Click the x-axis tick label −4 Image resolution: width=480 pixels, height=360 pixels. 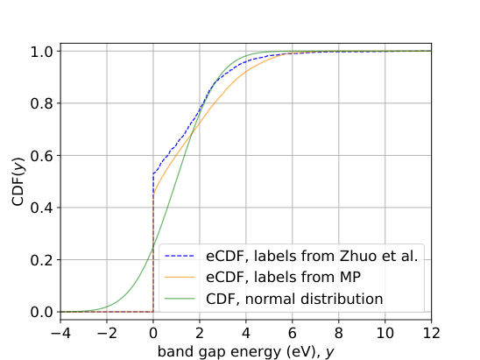click(x=60, y=334)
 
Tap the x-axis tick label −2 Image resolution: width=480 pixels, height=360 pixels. click(x=106, y=334)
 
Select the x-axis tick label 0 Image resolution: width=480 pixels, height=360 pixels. click(x=153, y=334)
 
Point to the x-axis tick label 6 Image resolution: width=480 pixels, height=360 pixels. click(x=293, y=334)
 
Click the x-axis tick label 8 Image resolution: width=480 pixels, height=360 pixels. click(x=339, y=334)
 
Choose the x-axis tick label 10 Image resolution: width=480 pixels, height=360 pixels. click(x=385, y=334)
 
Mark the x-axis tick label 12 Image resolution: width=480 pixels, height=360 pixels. click(x=431, y=334)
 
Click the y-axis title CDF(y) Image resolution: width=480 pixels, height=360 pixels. click(x=18, y=181)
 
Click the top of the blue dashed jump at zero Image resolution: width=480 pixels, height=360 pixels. click(x=153, y=173)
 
